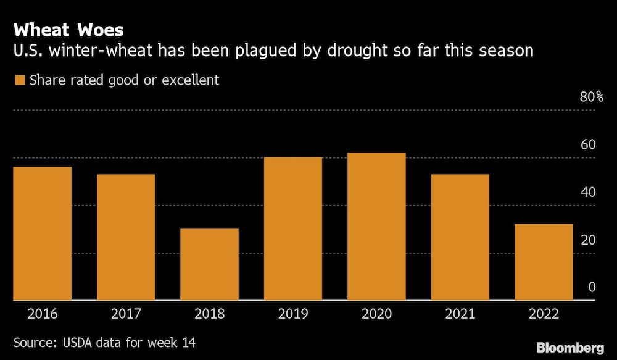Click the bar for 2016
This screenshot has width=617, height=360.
pos(42,233)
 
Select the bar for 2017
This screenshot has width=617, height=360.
pos(126,237)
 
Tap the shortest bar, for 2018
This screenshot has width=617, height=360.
pos(209,264)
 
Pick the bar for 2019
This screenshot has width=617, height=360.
pos(293,228)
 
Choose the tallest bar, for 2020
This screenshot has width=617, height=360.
pos(376,226)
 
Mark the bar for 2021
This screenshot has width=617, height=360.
pos(460,237)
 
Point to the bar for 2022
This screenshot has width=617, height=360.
pos(544,262)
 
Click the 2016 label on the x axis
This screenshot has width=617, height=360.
pos(42,314)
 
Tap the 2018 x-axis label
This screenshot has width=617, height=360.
pos(209,314)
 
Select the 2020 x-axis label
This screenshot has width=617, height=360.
pos(376,314)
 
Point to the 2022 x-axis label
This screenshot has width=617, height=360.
pos(544,314)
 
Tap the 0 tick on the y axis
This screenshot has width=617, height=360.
pos(592,288)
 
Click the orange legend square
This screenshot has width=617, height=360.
pos(19,80)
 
